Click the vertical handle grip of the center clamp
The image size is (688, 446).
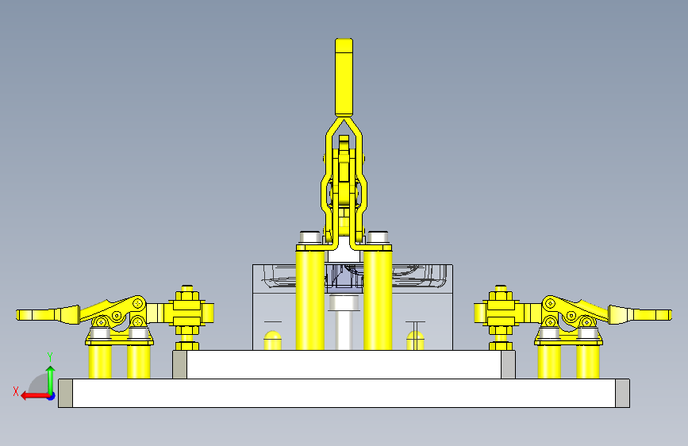[x=344, y=77]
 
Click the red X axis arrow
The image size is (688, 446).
[x=35, y=396]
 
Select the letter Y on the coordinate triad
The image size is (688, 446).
[x=50, y=357]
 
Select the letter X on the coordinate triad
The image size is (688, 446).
[x=16, y=391]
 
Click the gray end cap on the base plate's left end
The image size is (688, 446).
[x=65, y=394]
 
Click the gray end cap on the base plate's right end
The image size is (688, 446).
[x=622, y=394]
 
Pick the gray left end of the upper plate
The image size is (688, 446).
[x=180, y=364]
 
